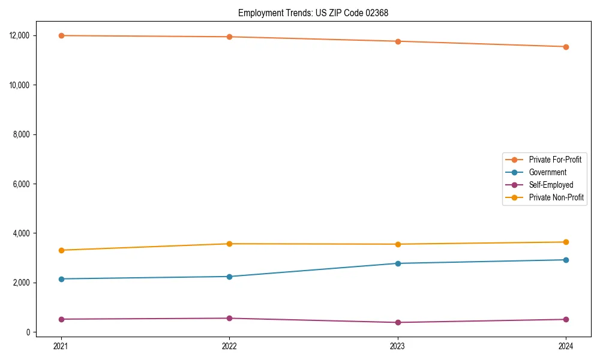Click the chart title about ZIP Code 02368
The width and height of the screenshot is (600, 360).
(313, 13)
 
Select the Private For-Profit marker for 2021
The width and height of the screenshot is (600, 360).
(61, 35)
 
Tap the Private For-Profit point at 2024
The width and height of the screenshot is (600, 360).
(566, 47)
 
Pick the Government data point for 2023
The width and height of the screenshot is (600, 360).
(398, 263)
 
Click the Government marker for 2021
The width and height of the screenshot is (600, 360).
(61, 279)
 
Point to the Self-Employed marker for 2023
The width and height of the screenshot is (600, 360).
(398, 322)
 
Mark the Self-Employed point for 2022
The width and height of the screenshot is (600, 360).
(229, 318)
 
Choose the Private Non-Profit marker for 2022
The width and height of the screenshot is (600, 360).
(229, 244)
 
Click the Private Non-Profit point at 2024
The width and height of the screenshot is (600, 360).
(566, 242)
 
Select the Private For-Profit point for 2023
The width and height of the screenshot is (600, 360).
(398, 41)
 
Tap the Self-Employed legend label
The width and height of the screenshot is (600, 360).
(551, 185)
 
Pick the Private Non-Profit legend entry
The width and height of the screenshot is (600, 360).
(556, 197)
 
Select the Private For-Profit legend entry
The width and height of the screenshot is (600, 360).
(555, 160)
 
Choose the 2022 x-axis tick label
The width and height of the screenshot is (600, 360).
(229, 346)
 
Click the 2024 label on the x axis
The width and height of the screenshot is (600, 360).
(566, 346)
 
